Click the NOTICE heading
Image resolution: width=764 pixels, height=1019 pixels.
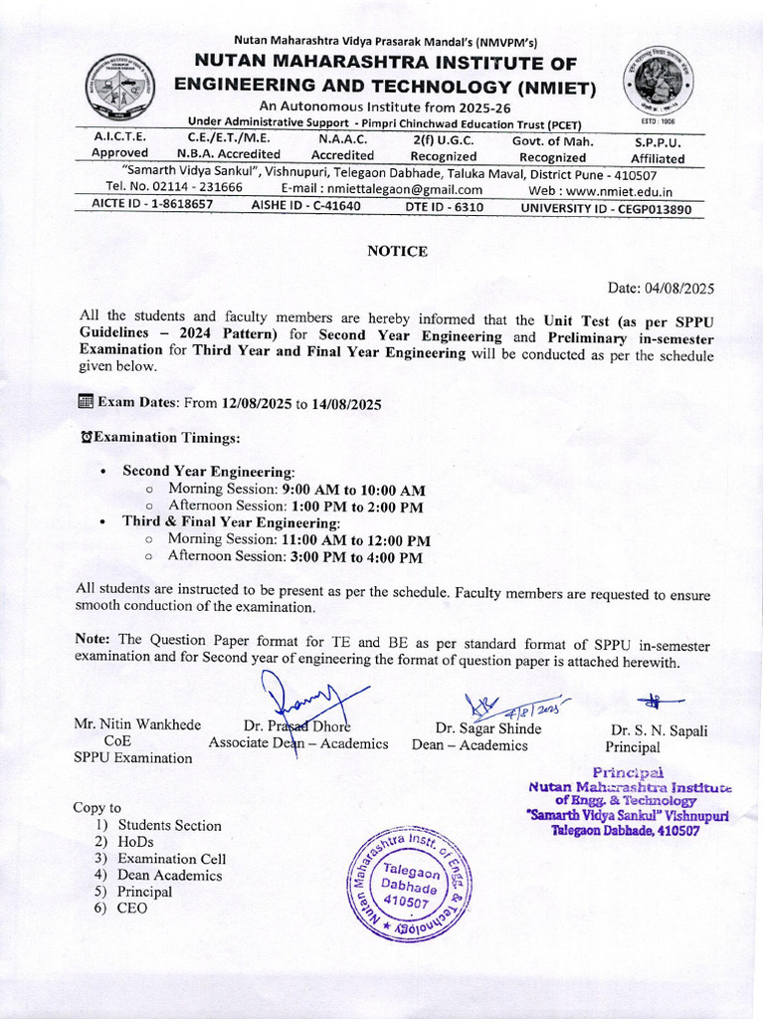pyautogui.click(x=397, y=252)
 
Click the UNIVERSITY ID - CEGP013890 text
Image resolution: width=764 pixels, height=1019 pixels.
pyautogui.click(x=606, y=208)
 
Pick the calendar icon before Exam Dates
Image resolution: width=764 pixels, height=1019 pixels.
pyautogui.click(x=85, y=402)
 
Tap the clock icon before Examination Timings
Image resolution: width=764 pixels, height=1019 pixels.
pyautogui.click(x=86, y=438)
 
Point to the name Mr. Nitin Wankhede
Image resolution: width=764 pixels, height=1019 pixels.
pyautogui.click(x=137, y=725)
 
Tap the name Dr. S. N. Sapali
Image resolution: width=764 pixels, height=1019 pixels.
pyautogui.click(x=660, y=730)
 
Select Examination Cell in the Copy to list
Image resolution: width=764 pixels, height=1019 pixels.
pyautogui.click(x=172, y=859)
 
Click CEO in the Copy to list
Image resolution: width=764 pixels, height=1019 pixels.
pyautogui.click(x=132, y=909)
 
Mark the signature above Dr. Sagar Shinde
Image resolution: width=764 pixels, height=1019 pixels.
pyautogui.click(x=507, y=709)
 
